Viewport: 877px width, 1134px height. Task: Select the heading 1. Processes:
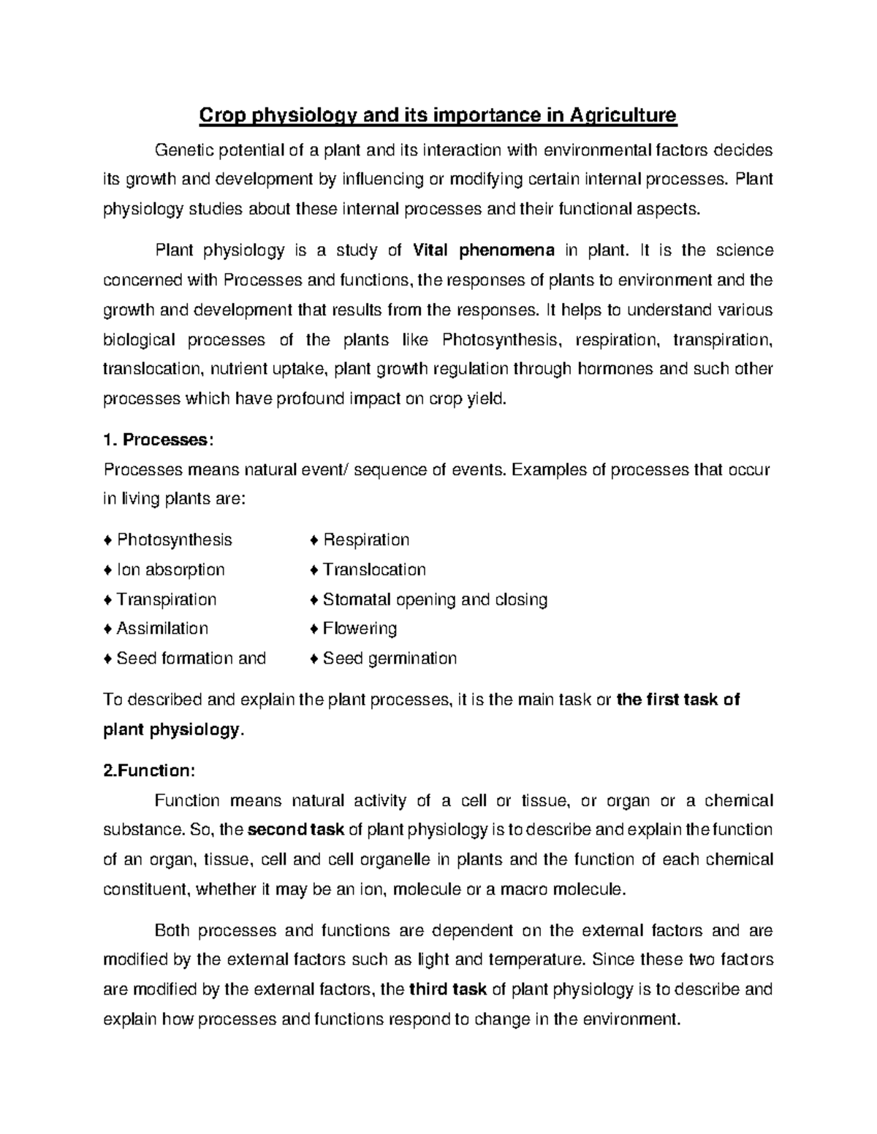click(159, 440)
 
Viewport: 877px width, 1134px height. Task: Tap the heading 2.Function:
click(150, 771)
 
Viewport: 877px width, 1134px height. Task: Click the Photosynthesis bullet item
click(174, 540)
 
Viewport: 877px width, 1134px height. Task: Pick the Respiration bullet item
click(365, 540)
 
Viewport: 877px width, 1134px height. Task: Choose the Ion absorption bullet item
click(170, 570)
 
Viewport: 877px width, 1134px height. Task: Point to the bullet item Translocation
click(373, 570)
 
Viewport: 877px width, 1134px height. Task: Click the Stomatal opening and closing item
click(435, 599)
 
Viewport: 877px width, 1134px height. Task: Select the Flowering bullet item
click(360, 629)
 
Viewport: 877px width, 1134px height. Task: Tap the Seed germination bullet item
click(390, 659)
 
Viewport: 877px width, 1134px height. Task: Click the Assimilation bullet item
click(162, 629)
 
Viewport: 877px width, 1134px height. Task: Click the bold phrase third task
click(448, 990)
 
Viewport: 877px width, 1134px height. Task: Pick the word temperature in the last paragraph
click(528, 960)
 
